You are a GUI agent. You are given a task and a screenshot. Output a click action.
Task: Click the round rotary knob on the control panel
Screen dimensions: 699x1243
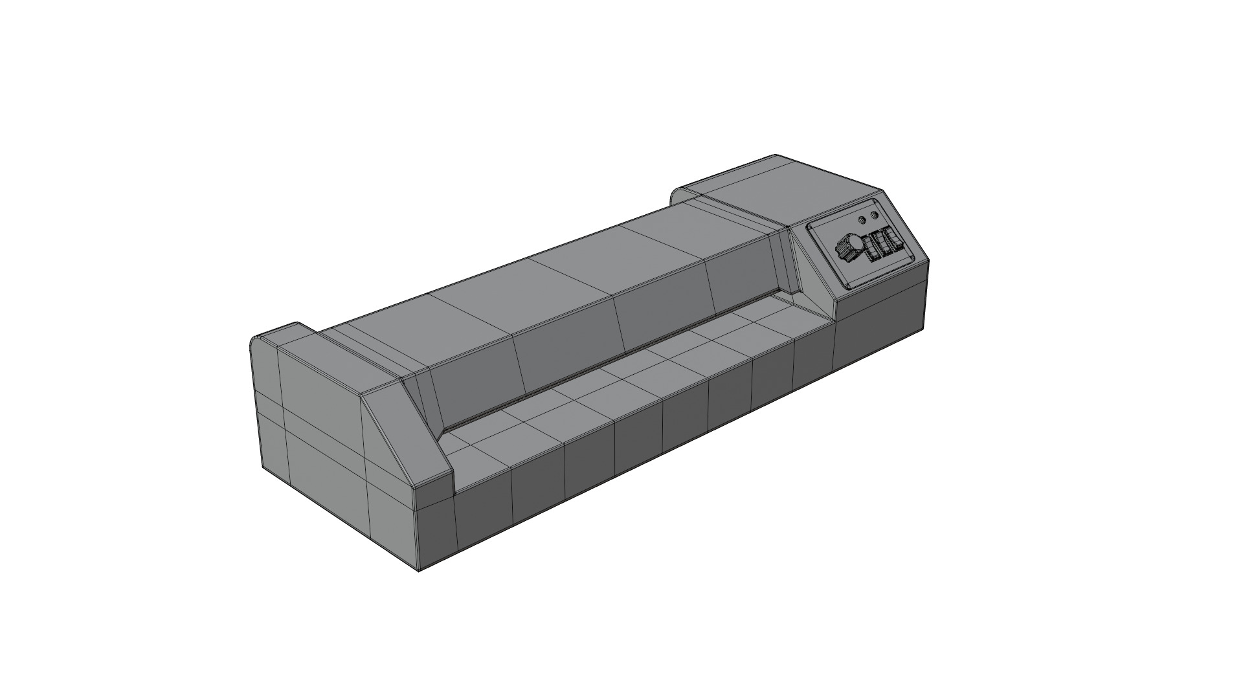click(848, 247)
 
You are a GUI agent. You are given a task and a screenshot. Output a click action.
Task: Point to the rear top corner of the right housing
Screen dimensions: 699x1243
click(777, 156)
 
